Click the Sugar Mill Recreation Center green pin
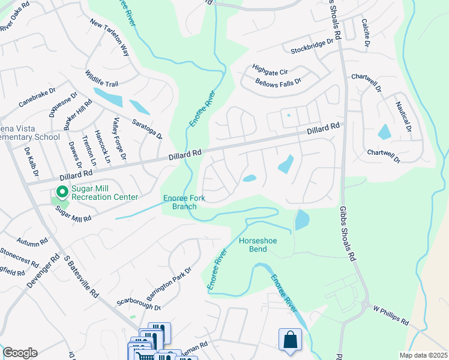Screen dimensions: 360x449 61,192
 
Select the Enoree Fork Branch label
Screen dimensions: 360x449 180,203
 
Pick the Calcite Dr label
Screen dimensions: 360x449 364,32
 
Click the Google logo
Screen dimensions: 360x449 20,353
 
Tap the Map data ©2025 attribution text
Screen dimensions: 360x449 423,355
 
